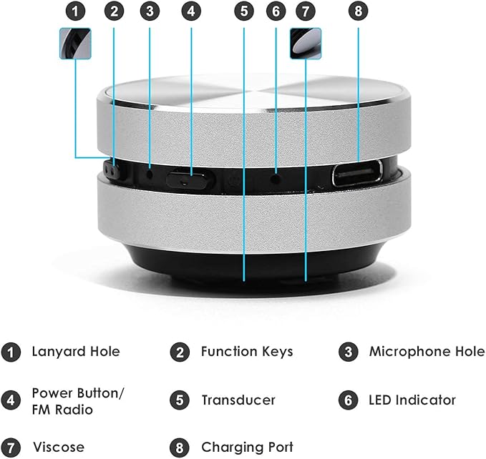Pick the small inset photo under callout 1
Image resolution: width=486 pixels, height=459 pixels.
75,44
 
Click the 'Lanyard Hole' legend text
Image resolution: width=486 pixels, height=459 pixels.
75,352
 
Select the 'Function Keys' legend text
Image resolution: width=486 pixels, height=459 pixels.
247,352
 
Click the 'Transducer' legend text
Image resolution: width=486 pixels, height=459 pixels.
238,400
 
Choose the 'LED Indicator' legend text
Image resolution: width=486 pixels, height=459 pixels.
412,400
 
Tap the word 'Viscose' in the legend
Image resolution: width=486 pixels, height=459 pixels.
58,448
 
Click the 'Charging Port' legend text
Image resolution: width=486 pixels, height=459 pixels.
247,448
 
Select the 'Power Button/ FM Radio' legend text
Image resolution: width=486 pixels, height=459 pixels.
78,401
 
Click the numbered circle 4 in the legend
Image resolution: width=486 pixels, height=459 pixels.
11,400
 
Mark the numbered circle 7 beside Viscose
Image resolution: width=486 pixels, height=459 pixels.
11,448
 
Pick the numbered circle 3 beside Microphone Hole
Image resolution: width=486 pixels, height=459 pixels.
348,352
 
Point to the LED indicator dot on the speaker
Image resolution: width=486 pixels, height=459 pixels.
276,176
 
